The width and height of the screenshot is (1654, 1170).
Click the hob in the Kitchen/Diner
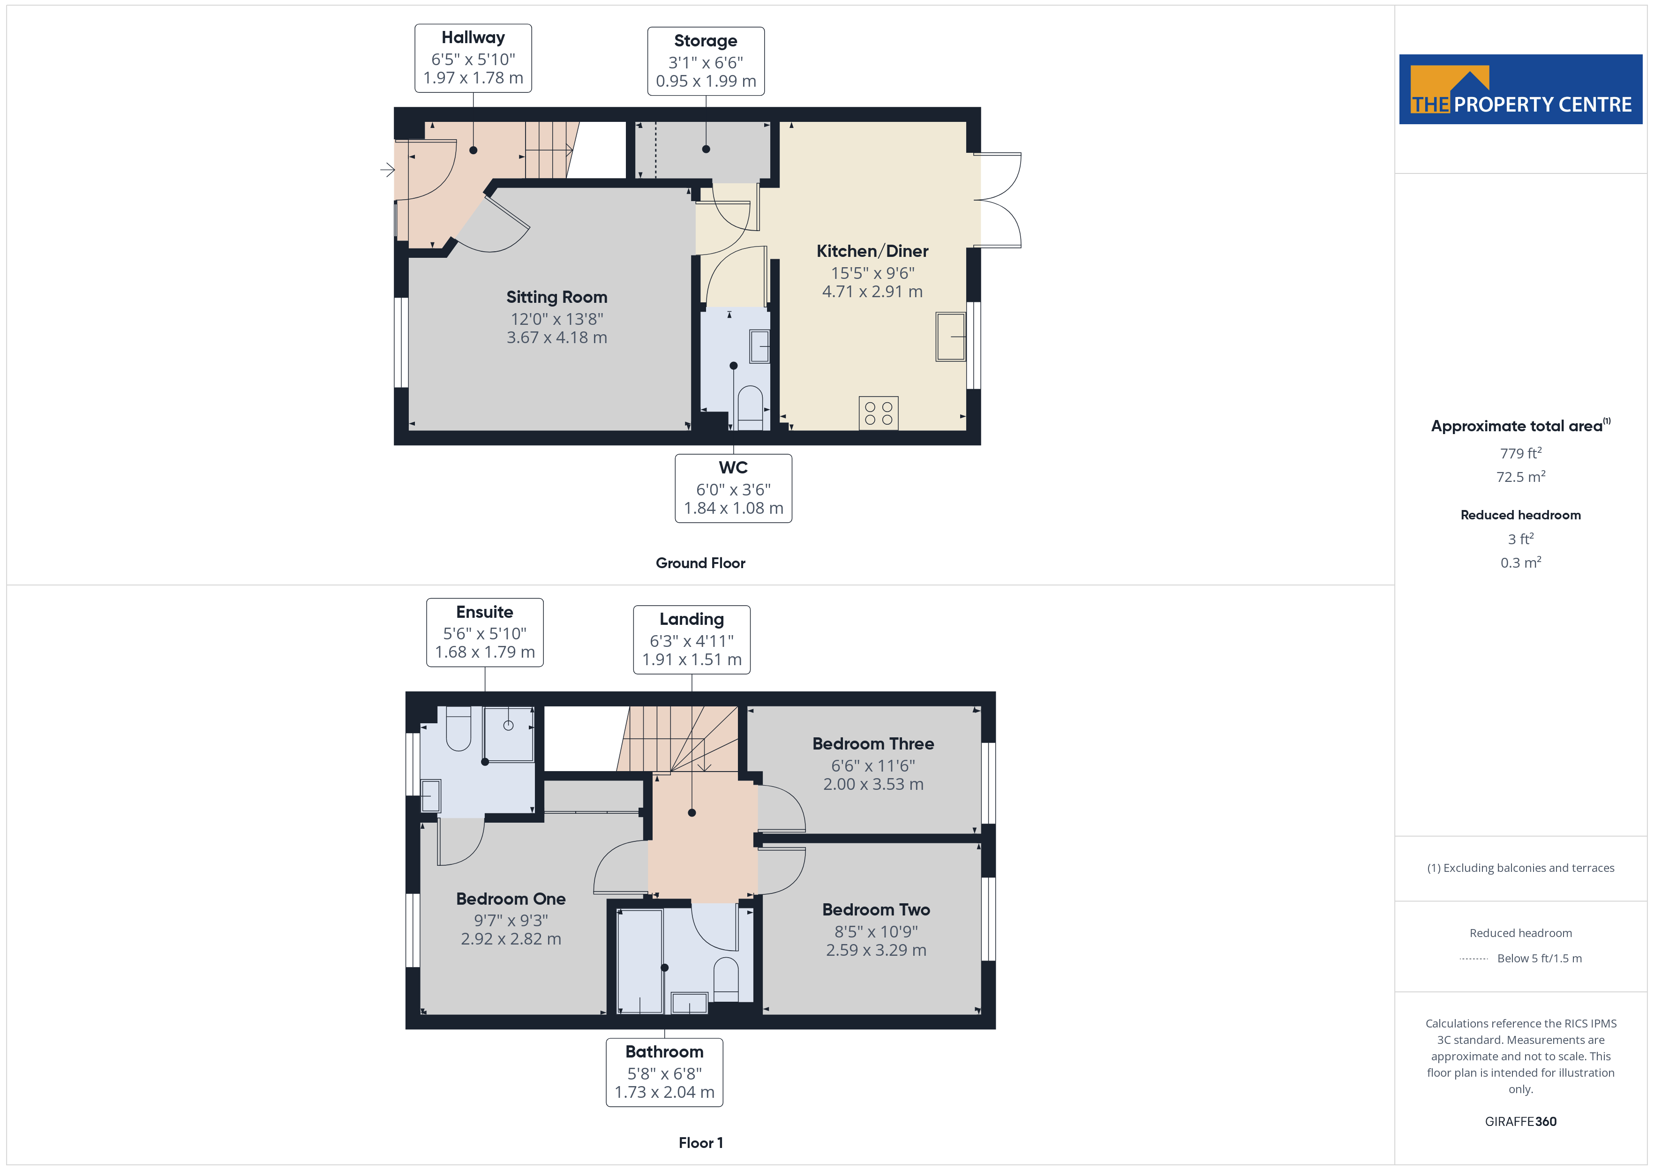coord(878,413)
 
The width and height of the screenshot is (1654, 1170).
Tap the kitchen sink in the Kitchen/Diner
coord(950,337)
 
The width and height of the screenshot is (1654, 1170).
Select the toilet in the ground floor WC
coord(750,408)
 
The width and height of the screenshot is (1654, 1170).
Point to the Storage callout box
coord(706,61)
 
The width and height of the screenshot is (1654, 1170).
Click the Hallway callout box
coord(474,58)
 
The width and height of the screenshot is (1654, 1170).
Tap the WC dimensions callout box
coord(733,488)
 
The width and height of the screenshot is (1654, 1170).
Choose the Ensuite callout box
coord(485,632)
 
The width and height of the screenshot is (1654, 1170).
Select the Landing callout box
coord(692,640)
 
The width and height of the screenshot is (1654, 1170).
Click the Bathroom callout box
coord(664,1072)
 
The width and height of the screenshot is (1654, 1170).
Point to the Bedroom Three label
coord(873,743)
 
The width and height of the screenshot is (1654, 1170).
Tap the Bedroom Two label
coord(876,910)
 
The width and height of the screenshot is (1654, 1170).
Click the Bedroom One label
coord(511,899)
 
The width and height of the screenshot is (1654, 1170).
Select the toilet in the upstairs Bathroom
coord(725,979)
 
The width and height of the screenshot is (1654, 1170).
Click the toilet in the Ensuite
coord(459,728)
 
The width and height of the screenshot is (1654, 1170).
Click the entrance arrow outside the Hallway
coord(388,170)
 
